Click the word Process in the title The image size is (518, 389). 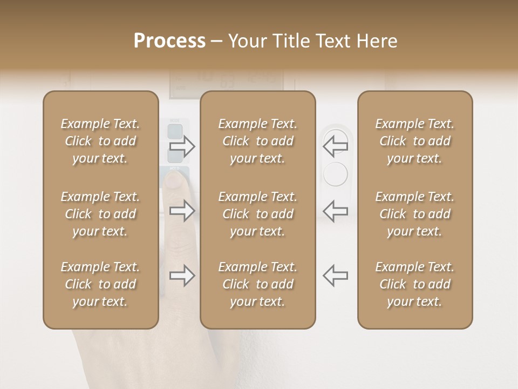[169, 41]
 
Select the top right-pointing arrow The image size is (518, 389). [182, 146]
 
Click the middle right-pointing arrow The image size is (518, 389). [182, 211]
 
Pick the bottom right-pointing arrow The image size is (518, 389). [182, 276]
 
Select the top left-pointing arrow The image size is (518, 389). [335, 144]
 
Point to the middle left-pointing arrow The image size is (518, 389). [335, 211]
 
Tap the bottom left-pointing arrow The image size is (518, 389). [335, 276]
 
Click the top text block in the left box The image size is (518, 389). [100, 141]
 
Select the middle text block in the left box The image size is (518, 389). [100, 214]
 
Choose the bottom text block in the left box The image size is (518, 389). [100, 284]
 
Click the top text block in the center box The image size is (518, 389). [257, 141]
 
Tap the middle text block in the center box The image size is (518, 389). [257, 214]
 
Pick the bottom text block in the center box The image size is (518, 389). [257, 284]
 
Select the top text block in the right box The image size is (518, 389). [415, 141]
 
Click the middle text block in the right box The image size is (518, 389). [415, 214]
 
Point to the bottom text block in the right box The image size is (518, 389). [415, 284]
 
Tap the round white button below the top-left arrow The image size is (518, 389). [335, 174]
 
